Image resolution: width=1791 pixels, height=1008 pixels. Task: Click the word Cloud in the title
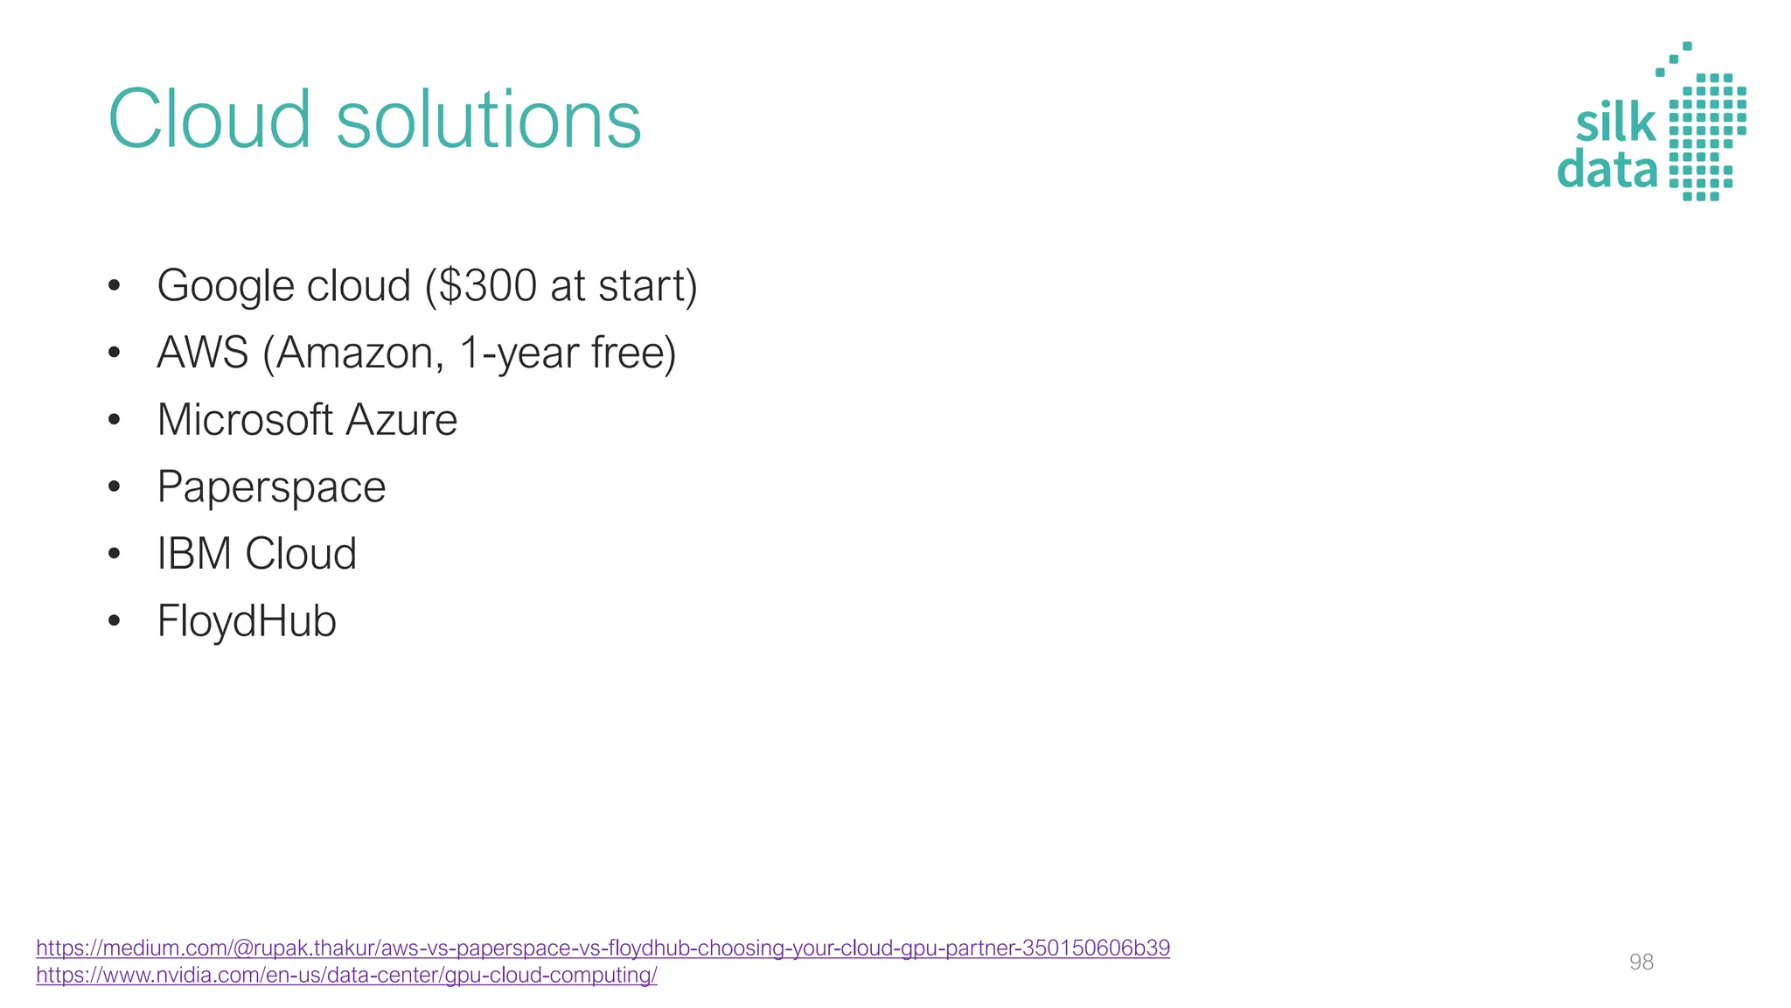tap(209, 119)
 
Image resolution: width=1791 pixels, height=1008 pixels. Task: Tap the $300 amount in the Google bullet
tap(487, 285)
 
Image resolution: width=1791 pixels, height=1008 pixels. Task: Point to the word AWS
tap(203, 353)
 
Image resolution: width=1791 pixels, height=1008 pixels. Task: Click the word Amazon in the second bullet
tap(355, 353)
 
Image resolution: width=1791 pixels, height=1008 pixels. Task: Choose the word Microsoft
tap(245, 420)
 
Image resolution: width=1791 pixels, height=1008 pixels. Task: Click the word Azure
tap(401, 420)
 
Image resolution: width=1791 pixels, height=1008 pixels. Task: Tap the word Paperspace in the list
tap(271, 488)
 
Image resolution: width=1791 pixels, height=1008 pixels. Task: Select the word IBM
tap(194, 554)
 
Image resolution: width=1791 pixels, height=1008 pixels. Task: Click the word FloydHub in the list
tap(247, 622)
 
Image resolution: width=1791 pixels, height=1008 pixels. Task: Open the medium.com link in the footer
tap(603, 948)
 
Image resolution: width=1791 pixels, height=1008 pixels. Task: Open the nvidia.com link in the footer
tap(346, 975)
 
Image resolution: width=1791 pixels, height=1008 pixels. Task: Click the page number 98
tap(1641, 962)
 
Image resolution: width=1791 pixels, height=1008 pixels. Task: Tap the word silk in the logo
tap(1615, 123)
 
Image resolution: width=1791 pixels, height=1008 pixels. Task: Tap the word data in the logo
tap(1607, 169)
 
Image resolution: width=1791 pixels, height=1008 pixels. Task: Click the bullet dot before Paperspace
tap(114, 487)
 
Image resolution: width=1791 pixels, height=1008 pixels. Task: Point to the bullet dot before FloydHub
tap(114, 621)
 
